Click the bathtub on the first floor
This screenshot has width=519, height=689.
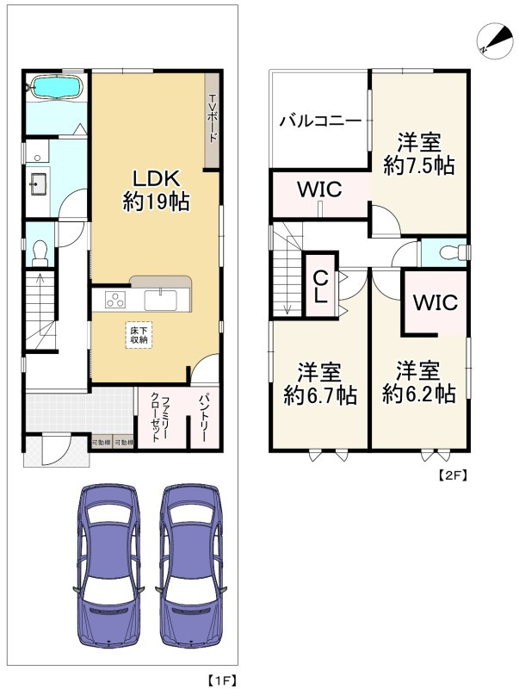pyautogui.click(x=55, y=86)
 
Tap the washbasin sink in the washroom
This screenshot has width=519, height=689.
pyautogui.click(x=39, y=184)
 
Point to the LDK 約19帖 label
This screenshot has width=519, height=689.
pyautogui.click(x=154, y=189)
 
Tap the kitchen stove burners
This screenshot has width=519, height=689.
pyautogui.click(x=115, y=300)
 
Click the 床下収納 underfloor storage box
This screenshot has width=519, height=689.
pyautogui.click(x=139, y=334)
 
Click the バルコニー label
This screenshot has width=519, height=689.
pyautogui.click(x=319, y=121)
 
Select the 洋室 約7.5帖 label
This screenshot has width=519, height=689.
pyautogui.click(x=419, y=153)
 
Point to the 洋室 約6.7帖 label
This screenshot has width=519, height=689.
pyautogui.click(x=320, y=383)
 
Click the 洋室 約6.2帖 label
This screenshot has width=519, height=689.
pyautogui.click(x=419, y=383)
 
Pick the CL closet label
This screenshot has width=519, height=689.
pyautogui.click(x=320, y=286)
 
